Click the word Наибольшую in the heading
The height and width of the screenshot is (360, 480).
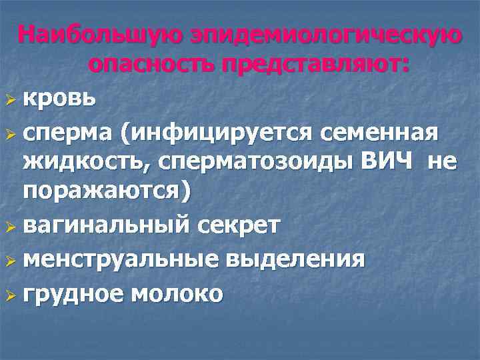click(99, 35)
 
